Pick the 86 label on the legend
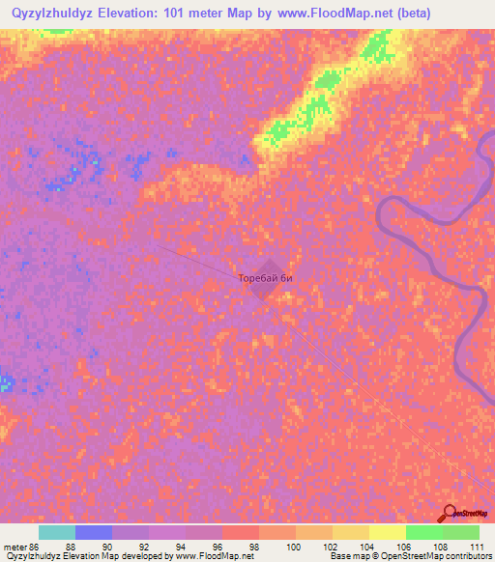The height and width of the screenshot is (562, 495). point(35,548)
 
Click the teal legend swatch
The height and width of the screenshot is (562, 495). point(57,532)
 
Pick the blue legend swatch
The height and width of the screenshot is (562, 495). point(94,532)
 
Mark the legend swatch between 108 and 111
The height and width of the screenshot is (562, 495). point(460,532)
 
